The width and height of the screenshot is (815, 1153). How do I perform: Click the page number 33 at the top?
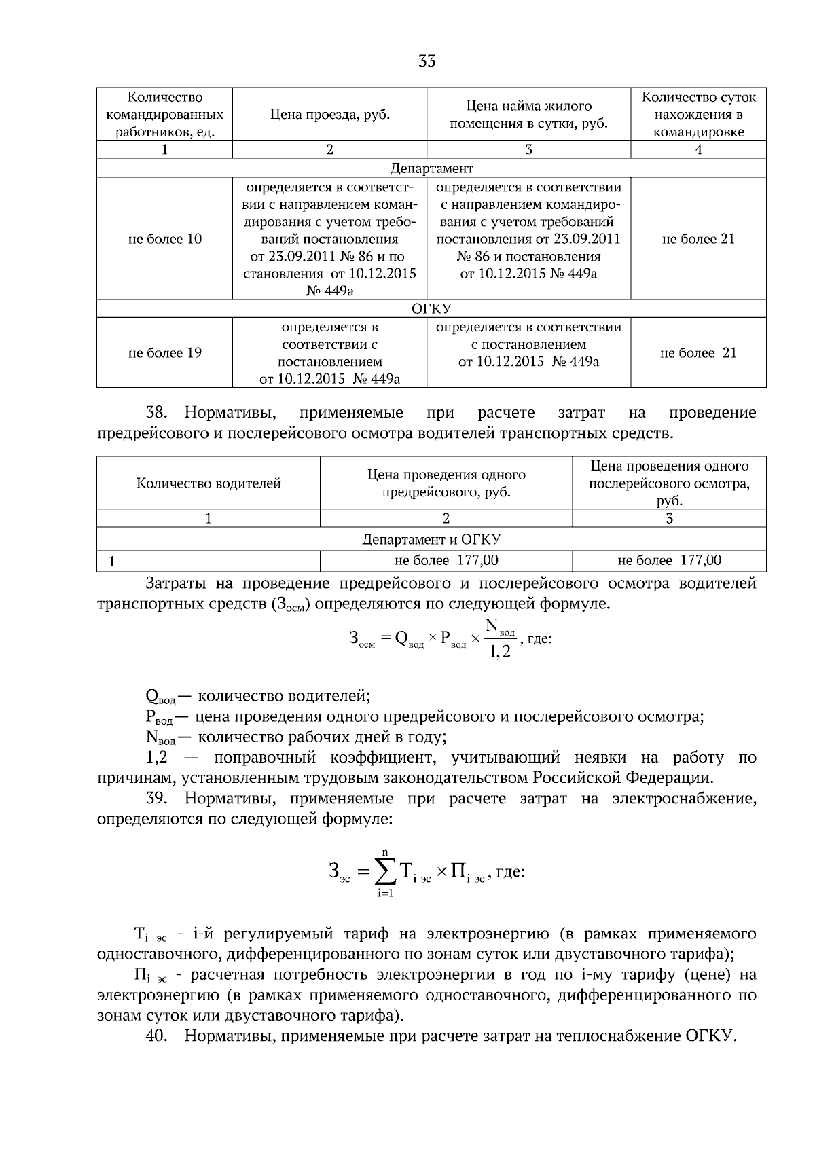click(427, 62)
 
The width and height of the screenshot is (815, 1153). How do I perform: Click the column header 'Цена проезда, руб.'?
click(329, 114)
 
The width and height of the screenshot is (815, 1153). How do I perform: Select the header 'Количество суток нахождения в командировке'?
click(698, 114)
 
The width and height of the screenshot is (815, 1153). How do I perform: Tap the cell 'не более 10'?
click(164, 239)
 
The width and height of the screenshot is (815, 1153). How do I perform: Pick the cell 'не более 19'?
click(164, 353)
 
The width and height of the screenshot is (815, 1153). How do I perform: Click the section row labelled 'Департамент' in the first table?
click(431, 168)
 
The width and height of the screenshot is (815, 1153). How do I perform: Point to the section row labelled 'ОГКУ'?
click(431, 309)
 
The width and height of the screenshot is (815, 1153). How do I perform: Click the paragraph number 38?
click(156, 413)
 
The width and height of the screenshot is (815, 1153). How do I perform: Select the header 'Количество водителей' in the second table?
click(209, 483)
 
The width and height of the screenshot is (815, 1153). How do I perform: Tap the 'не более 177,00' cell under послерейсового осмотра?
click(669, 560)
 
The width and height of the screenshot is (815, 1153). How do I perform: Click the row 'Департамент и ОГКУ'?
click(431, 540)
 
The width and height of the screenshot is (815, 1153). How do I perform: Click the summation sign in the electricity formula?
click(385, 871)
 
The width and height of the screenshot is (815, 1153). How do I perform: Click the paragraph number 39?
click(156, 799)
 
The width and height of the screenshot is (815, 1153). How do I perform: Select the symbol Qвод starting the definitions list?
click(160, 697)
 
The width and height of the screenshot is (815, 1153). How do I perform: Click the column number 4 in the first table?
click(698, 150)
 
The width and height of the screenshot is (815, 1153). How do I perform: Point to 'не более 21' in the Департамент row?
click(698, 239)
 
